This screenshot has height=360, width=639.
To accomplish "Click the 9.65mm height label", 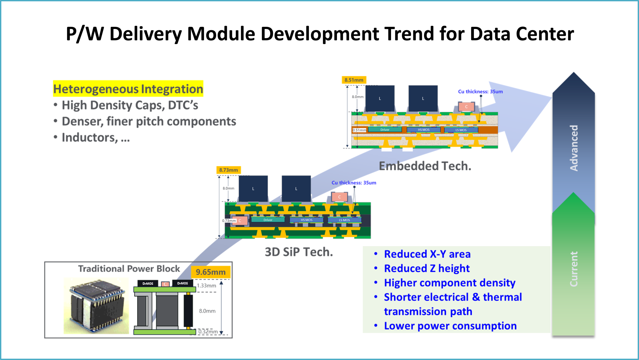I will point(211,272).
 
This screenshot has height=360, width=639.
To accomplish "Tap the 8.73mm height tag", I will point(228,170).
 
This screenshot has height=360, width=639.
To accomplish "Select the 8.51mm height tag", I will point(354,80).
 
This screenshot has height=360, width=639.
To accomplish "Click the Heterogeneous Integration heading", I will point(128,89).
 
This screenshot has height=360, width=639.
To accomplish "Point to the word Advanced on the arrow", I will point(574,148).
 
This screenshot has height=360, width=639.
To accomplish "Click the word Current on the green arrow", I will point(574,269).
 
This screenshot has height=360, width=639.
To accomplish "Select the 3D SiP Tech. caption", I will point(299,252).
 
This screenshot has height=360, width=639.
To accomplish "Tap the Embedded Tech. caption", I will point(425,166).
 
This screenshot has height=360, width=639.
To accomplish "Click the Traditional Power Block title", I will point(129,269).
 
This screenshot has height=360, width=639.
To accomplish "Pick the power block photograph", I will point(96,306).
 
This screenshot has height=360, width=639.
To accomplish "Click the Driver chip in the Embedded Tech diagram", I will point(385,130).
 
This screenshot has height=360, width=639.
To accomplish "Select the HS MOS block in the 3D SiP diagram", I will point(306,220).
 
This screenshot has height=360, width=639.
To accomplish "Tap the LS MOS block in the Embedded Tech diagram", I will point(461,130).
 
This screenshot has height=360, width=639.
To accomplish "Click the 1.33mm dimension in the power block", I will point(206,285).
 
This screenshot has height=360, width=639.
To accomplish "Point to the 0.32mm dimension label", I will point(208,332).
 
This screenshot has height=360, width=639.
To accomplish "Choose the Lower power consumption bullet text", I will point(450,326).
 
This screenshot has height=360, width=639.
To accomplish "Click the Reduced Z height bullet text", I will point(427,268).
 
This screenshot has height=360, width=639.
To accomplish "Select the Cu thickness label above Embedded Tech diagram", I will point(480,91).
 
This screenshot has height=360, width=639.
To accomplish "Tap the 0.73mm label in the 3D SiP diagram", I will point(229,221).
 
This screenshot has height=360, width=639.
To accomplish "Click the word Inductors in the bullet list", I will point(90,138).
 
